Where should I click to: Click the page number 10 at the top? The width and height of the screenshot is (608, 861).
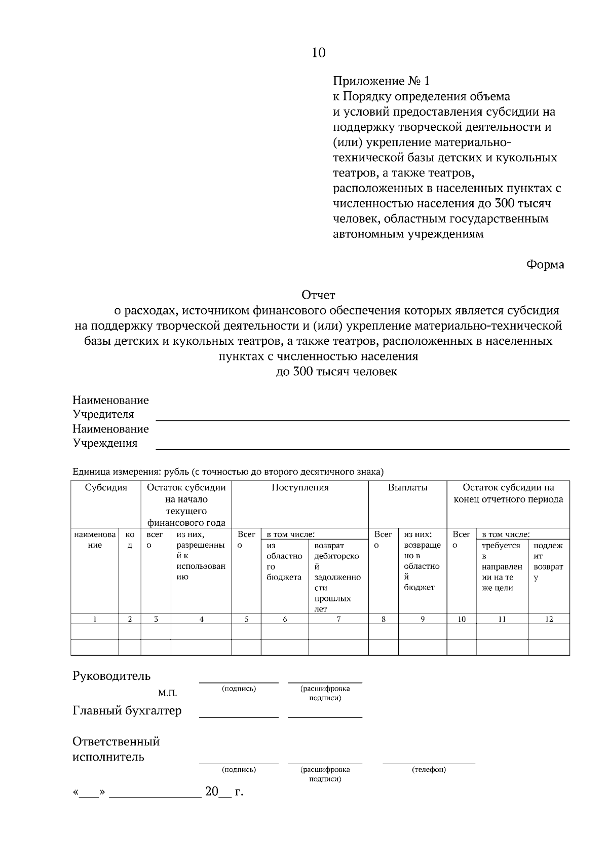click(318, 53)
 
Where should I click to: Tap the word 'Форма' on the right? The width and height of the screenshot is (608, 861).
click(545, 265)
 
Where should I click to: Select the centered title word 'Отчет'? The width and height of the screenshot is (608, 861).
click(318, 295)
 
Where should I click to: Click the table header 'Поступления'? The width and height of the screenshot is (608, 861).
click(300, 488)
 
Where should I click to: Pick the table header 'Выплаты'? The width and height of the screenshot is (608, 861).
click(407, 488)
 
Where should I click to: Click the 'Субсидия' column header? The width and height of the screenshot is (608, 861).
click(106, 488)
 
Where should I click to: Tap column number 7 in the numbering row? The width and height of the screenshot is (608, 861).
click(338, 619)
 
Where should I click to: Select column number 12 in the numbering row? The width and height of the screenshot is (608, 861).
click(549, 619)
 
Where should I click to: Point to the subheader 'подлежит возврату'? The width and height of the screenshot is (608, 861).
click(548, 561)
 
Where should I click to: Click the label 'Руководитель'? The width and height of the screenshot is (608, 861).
click(111, 676)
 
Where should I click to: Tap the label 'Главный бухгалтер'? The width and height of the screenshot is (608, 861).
click(127, 711)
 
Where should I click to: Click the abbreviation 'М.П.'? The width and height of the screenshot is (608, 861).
click(167, 693)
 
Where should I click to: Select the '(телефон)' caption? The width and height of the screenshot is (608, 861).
click(429, 770)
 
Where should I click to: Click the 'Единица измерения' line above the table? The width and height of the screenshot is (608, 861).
click(228, 472)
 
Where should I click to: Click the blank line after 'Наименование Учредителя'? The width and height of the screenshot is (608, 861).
click(362, 419)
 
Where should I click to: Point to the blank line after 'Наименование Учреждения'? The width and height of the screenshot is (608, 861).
click(362, 448)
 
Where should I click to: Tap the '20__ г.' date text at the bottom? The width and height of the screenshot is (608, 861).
click(224, 792)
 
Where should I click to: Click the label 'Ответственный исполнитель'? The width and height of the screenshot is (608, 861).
click(116, 749)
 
